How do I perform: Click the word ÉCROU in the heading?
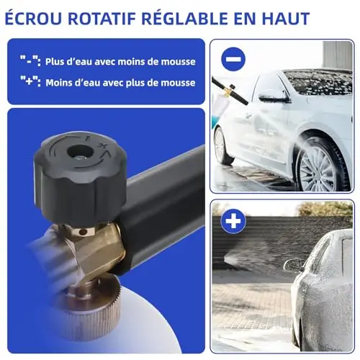pyautogui.click(x=33, y=18)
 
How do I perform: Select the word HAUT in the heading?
pyautogui.click(x=284, y=19)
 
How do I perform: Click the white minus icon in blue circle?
pyautogui.click(x=233, y=59)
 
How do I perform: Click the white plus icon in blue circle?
pyautogui.click(x=233, y=221)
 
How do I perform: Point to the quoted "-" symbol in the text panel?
pyautogui.click(x=30, y=61)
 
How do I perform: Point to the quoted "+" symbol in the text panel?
pyautogui.click(x=30, y=81)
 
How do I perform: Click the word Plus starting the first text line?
pyautogui.click(x=55, y=62)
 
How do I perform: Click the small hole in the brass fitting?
pyautogui.click(x=84, y=232)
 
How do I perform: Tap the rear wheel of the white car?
pyautogui.click(x=222, y=147)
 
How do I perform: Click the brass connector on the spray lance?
pyautogui.click(x=230, y=91)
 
